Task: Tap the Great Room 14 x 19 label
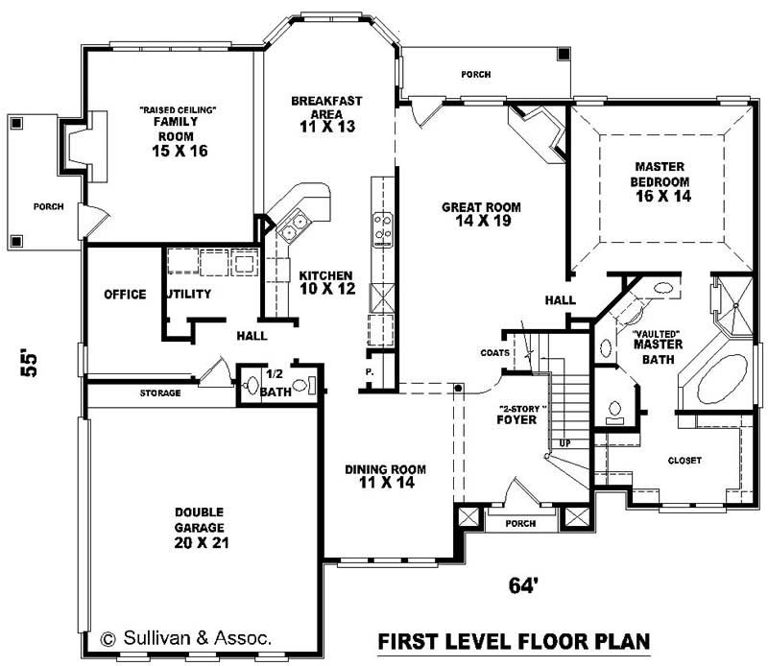(x=481, y=213)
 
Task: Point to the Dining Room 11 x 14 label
(x=384, y=476)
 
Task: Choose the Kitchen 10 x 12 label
(x=324, y=281)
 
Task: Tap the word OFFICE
(x=125, y=294)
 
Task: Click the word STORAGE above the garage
(x=160, y=393)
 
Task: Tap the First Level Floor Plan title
(x=514, y=640)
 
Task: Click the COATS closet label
(x=495, y=352)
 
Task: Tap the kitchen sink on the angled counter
(x=291, y=228)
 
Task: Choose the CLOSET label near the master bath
(x=685, y=460)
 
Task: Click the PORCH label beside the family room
(x=48, y=205)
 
